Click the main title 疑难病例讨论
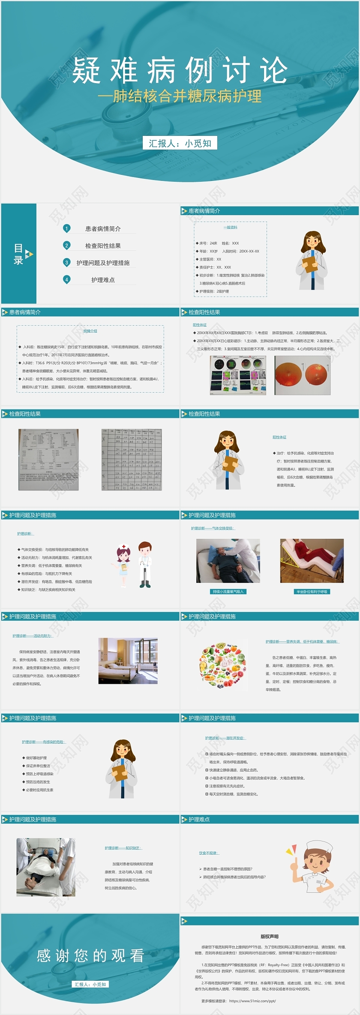180,70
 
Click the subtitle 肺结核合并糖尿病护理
180,96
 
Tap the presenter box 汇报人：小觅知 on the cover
180,143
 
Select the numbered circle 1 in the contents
66,228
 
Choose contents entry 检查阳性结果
103,246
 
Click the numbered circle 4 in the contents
66,279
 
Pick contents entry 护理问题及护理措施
103,263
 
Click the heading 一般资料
230,228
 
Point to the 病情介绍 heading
90,331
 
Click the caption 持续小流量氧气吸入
228,592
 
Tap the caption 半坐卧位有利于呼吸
312,592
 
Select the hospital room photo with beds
128,661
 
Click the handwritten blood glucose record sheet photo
132,459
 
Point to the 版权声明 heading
269,937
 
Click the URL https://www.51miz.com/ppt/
252,1001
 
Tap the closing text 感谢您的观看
90,955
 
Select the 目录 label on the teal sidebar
18,254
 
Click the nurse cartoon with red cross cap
123,565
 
